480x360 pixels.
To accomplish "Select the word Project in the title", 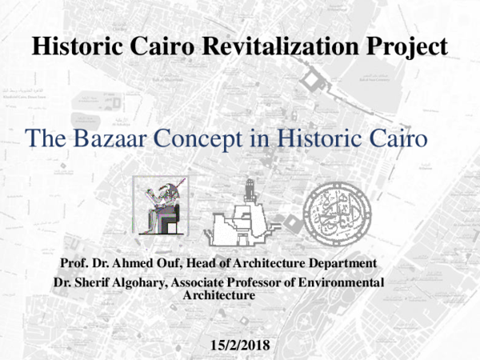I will pos(403,47).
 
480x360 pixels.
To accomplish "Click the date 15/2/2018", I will pos(239,346).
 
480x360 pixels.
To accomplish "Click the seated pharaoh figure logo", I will pos(164,207).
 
